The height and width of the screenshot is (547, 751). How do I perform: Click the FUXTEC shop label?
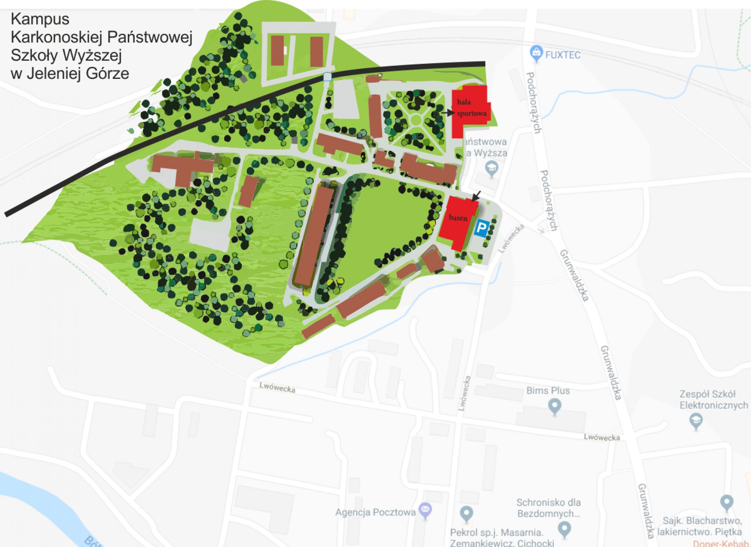click(x=563, y=55)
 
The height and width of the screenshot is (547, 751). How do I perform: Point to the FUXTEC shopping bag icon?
click(x=536, y=53)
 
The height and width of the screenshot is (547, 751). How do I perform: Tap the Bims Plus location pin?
click(x=554, y=406)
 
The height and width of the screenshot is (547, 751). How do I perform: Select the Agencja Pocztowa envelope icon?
click(x=425, y=510)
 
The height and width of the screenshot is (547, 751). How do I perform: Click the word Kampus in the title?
click(x=40, y=19)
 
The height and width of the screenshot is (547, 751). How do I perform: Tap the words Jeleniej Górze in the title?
click(x=78, y=73)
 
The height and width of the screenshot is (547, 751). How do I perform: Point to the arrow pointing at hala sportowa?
click(x=447, y=112)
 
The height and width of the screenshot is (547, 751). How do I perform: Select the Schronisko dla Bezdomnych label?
click(x=548, y=508)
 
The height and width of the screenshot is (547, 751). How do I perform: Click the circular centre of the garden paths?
click(x=416, y=120)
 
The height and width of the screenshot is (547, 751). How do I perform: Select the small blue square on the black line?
click(x=327, y=77)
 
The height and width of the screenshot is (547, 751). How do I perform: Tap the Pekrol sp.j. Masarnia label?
click(x=497, y=532)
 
